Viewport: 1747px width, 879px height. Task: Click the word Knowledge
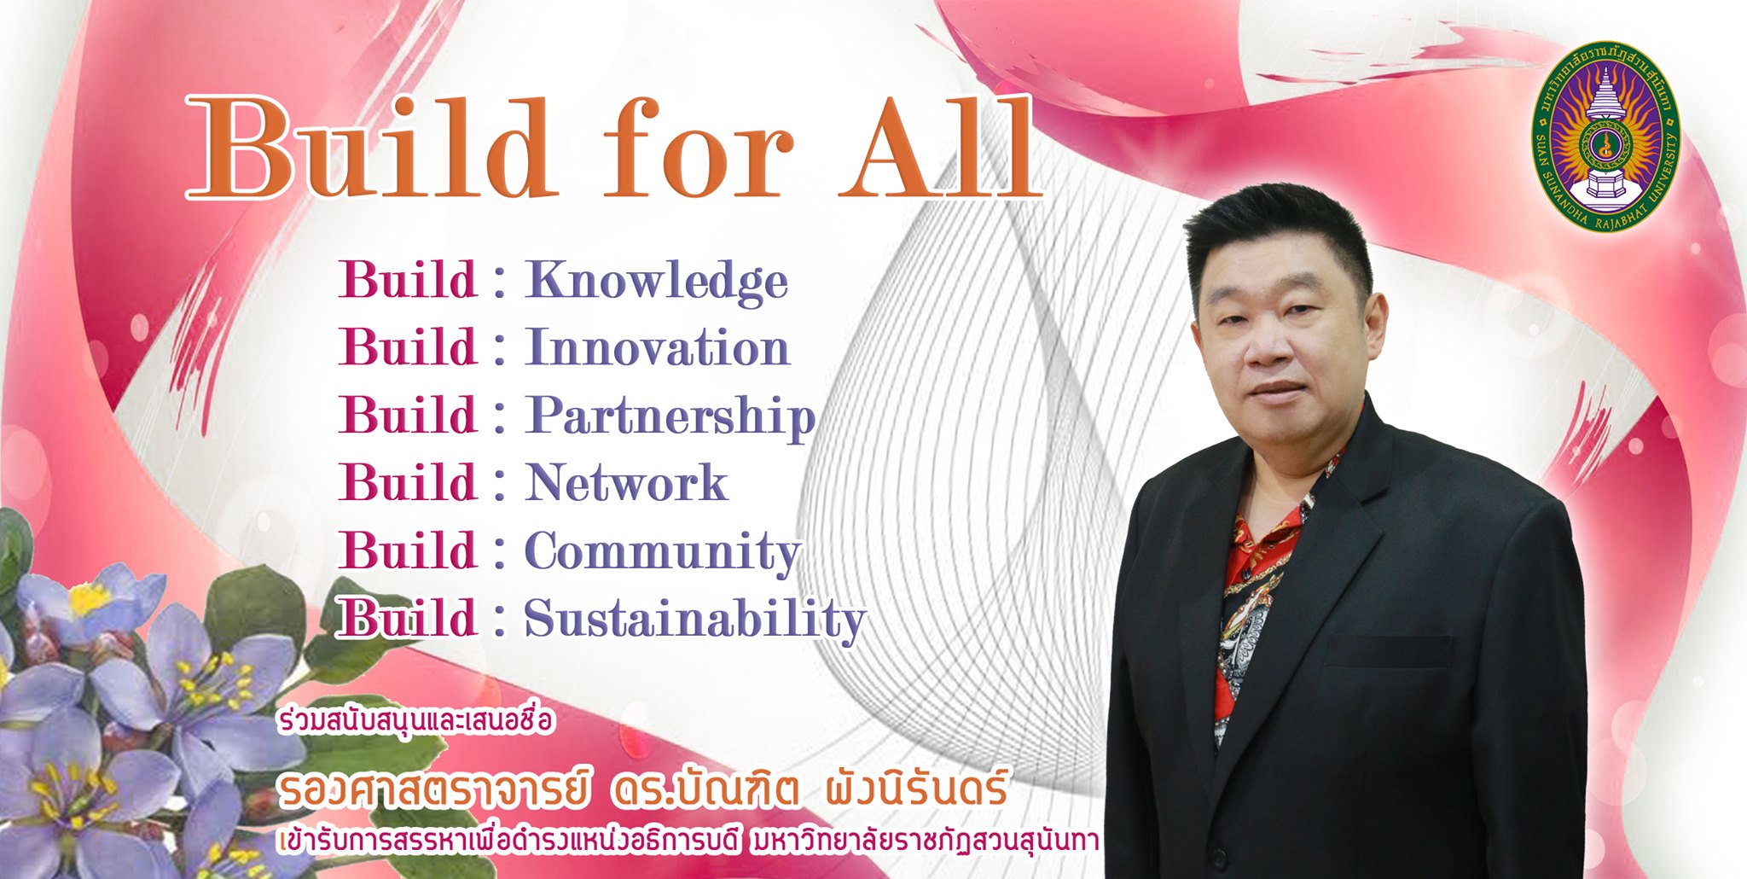pyautogui.click(x=656, y=282)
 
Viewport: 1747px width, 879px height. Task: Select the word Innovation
pyautogui.click(x=657, y=347)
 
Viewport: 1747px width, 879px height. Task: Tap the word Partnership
pyautogui.click(x=670, y=417)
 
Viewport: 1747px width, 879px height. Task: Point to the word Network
pyautogui.click(x=626, y=483)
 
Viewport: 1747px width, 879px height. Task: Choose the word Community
pyautogui.click(x=663, y=552)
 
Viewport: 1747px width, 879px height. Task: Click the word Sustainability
pyautogui.click(x=695, y=620)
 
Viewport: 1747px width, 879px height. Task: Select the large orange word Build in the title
pyautogui.click(x=369, y=147)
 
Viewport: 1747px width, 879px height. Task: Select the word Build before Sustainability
pyautogui.click(x=408, y=618)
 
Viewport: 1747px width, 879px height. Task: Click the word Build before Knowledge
pyautogui.click(x=408, y=280)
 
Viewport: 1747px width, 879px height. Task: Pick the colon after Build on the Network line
pyautogui.click(x=500, y=484)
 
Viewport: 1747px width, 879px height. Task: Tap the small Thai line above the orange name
pyautogui.click(x=415, y=721)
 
